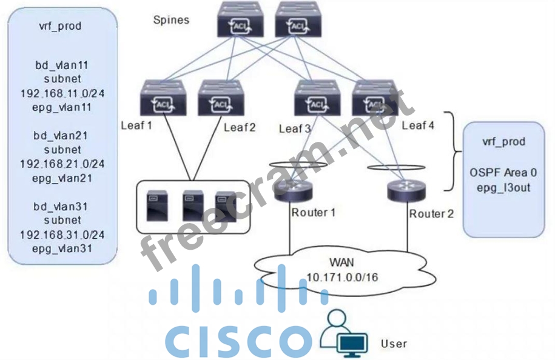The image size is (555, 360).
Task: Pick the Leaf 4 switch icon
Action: pyautogui.click(x=374, y=97)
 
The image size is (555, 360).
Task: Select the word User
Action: pyautogui.click(x=394, y=344)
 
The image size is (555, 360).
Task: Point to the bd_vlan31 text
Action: pyautogui.click(x=62, y=207)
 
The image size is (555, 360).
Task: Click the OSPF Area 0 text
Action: pyautogui.click(x=503, y=174)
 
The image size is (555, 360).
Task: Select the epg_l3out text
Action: pyautogui.click(x=503, y=187)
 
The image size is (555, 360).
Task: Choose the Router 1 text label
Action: pyautogui.click(x=314, y=212)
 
